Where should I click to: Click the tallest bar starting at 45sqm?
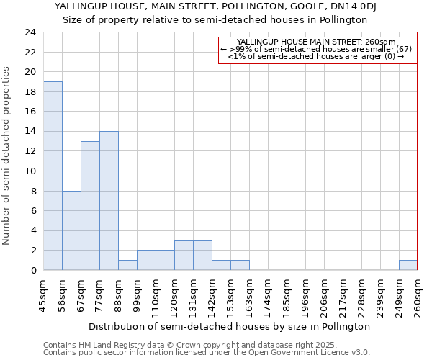[53, 176]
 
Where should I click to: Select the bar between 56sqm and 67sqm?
[71, 230]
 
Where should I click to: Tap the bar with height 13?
[90, 206]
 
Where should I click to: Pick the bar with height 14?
[109, 201]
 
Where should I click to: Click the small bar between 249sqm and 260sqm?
[408, 265]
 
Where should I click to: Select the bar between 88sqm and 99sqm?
[127, 265]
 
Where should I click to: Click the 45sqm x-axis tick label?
[43, 295]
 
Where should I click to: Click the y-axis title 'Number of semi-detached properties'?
[7, 156]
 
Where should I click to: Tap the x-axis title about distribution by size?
[230, 326]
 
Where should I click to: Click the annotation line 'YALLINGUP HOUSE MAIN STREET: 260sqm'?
[316, 42]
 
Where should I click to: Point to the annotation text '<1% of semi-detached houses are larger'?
[316, 56]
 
